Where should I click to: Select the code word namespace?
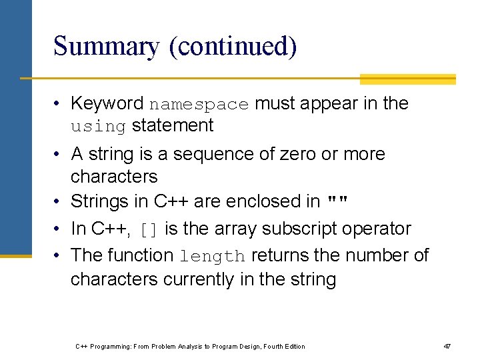[199, 105]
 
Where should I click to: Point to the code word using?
[98, 127]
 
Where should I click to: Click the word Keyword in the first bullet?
[107, 103]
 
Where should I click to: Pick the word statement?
[173, 125]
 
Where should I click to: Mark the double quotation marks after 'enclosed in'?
[339, 201]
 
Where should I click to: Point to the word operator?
[377, 229]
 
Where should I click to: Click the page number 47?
[447, 346]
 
